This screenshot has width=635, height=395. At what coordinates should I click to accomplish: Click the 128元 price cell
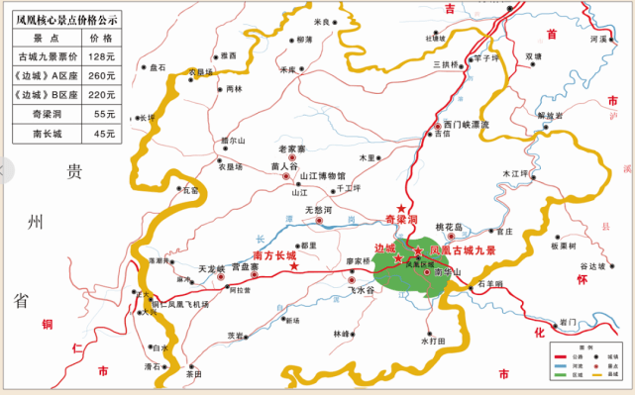102,56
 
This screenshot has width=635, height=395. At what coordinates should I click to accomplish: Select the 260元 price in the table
102,75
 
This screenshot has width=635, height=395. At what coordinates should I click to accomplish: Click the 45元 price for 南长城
102,133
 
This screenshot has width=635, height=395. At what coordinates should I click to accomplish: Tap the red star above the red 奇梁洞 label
401,207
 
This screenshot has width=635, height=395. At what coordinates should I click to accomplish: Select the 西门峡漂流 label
467,125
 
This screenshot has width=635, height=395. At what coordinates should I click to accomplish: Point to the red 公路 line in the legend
560,355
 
